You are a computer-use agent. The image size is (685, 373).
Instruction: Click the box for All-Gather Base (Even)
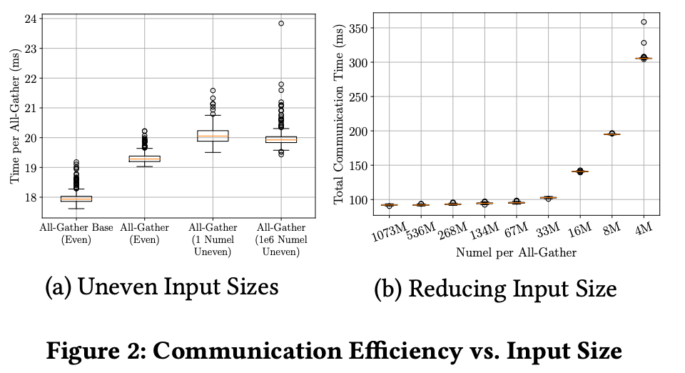(76, 199)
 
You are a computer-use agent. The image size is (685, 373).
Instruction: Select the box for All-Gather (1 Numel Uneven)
(213, 136)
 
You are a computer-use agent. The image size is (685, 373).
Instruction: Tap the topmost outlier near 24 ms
(281, 24)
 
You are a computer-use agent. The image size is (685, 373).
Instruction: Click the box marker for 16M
(579, 171)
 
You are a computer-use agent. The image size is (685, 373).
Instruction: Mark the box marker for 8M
(612, 134)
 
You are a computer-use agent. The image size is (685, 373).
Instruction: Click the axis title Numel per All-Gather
(516, 252)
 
